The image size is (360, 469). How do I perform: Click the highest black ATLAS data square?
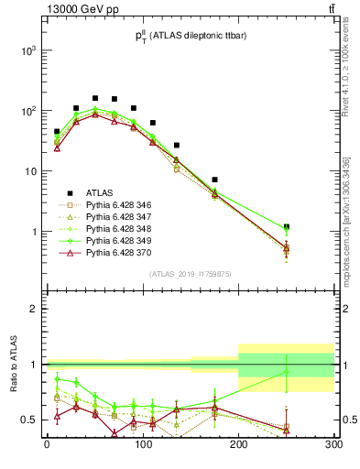95,98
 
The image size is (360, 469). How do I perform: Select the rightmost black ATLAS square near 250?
287,226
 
